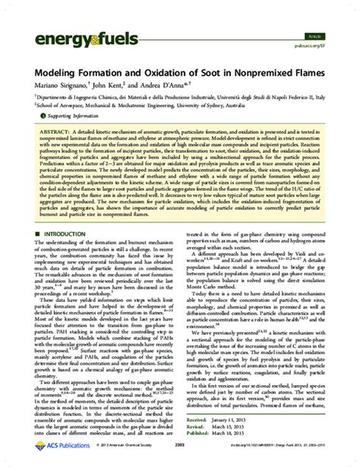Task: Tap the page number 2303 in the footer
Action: pos(180,460)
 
